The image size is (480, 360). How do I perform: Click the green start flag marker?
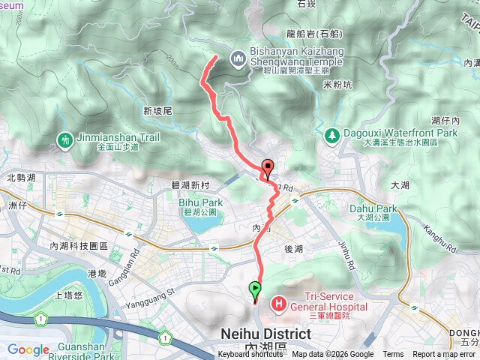256,288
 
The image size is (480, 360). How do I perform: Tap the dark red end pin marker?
267,167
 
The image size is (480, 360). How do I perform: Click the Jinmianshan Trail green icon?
65,139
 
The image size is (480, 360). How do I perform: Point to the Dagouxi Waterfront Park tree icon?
331,135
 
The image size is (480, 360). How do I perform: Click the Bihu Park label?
201,202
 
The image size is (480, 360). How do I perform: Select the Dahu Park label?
373,208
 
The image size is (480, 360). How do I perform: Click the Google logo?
28,349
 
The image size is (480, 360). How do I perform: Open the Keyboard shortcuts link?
250,355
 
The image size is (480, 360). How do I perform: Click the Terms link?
393,355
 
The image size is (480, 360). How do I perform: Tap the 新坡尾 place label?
157,110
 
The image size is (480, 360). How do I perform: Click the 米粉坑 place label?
336,85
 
